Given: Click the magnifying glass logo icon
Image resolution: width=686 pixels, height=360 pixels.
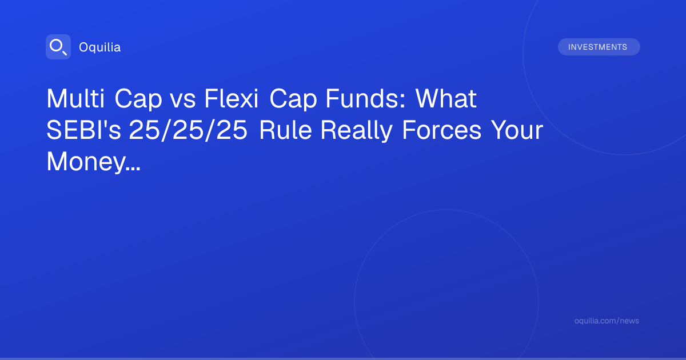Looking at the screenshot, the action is (x=58, y=47).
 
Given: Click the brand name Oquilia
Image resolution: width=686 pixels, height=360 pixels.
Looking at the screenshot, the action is (x=100, y=47).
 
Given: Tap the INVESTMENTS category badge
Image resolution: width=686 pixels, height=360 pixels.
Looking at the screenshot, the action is (x=599, y=47).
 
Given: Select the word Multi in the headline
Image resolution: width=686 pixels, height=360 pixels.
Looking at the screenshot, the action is (x=75, y=98).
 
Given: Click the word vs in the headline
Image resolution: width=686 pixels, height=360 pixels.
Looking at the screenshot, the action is (x=183, y=101).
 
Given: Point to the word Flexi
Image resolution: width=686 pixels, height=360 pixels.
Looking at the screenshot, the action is (x=232, y=98).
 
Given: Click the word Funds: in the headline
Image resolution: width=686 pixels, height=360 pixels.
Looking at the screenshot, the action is (x=366, y=98).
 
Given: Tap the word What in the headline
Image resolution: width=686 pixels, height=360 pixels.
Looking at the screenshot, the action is (x=446, y=98).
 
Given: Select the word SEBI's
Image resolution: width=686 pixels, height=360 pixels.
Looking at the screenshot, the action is (x=83, y=130).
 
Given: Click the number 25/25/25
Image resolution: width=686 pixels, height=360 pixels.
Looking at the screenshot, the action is (x=188, y=131).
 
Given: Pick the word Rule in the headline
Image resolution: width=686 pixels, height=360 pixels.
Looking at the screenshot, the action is (x=285, y=130).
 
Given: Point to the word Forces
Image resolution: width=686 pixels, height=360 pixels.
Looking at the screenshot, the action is (x=441, y=130).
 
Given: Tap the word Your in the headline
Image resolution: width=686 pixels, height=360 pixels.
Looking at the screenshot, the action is (x=517, y=130).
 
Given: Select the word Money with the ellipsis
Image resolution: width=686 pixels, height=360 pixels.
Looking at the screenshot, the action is (x=93, y=163).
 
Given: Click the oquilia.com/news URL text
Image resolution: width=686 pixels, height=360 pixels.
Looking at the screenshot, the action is (x=607, y=321).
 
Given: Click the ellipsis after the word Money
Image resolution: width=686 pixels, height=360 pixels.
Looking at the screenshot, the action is (x=133, y=169).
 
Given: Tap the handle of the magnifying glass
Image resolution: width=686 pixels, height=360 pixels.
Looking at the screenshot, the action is (x=65, y=53).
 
